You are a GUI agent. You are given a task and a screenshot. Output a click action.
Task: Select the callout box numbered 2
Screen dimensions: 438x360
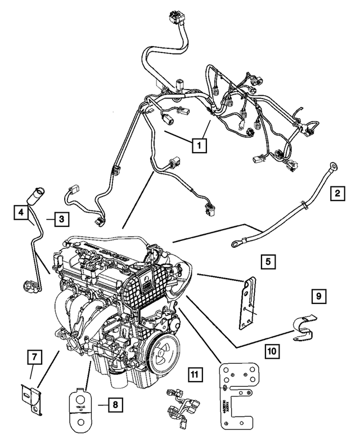[337, 195]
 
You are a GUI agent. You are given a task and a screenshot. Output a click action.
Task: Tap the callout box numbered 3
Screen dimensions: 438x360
[61, 220]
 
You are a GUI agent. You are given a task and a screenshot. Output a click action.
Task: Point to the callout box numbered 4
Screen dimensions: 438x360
[21, 213]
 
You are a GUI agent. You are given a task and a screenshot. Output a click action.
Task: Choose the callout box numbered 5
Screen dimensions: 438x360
[268, 261]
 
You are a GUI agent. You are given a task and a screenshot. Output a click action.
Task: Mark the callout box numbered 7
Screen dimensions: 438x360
[34, 356]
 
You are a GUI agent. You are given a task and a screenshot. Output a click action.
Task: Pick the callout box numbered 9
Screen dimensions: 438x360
[318, 296]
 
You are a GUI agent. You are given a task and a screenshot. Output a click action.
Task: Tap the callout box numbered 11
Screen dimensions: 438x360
[194, 373]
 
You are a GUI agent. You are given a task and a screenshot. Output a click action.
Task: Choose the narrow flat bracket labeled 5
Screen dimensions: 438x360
[247, 303]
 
